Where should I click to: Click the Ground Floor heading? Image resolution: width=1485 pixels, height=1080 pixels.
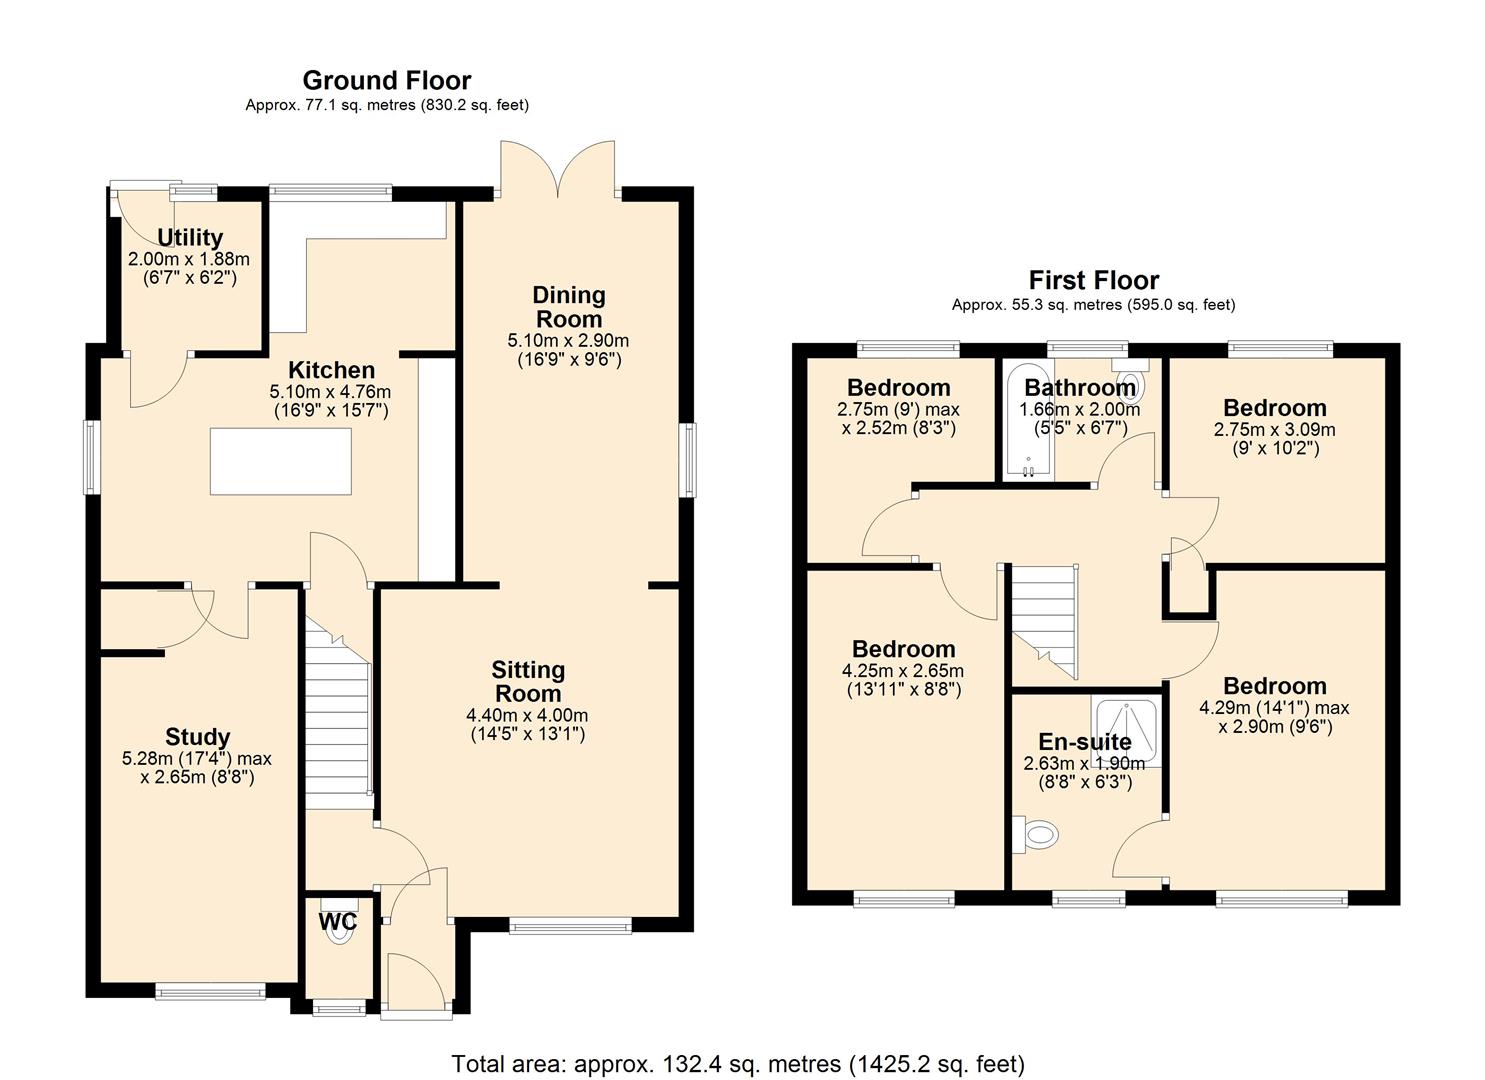tap(386, 80)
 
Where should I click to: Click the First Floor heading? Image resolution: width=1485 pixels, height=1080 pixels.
tap(1093, 280)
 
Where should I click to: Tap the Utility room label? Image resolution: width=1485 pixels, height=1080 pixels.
tap(189, 237)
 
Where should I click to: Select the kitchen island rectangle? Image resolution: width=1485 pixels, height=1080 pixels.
tap(280, 460)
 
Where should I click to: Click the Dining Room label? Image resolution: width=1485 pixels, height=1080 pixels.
tap(568, 307)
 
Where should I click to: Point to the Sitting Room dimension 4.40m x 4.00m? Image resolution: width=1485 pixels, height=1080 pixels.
tap(527, 716)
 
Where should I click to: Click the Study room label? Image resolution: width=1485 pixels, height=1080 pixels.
tap(197, 737)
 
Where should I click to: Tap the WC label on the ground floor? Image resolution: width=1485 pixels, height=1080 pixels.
tap(337, 922)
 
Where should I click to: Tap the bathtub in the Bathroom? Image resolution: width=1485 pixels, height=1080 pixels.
tap(1026, 420)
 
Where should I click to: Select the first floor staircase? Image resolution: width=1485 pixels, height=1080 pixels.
tap(1044, 620)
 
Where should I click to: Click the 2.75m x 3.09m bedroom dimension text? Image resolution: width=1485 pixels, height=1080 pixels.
tap(1274, 430)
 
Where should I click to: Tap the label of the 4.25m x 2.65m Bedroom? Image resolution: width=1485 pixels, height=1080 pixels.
tap(903, 649)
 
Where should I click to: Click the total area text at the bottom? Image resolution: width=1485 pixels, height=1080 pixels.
tap(738, 1064)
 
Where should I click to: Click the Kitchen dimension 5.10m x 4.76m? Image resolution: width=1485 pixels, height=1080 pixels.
tap(330, 392)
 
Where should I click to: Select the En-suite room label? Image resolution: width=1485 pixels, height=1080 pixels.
tap(1084, 742)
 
